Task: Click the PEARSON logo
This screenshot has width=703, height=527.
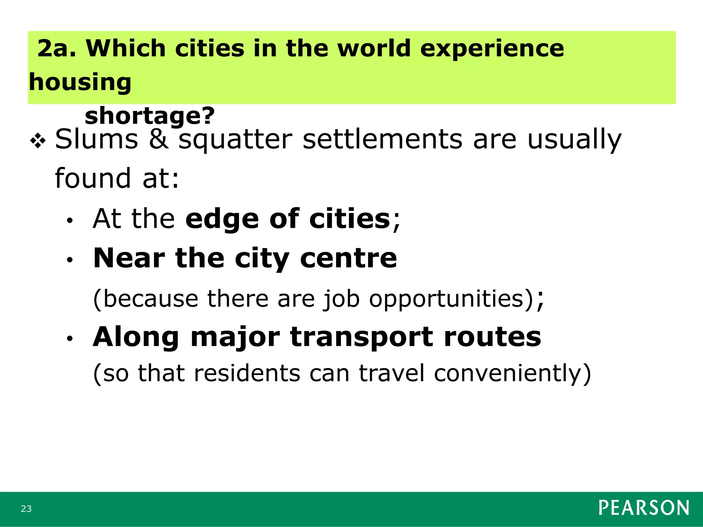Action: pos(644,508)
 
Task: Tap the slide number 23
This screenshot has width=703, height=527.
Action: pos(26,509)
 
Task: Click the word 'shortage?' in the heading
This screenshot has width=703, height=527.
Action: pos(150,116)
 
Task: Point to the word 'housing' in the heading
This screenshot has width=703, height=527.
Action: pos(80,82)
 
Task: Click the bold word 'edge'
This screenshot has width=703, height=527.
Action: pos(222,220)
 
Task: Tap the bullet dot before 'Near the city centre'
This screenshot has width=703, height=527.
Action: pos(70,260)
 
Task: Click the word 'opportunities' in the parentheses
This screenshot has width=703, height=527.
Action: pos(446,299)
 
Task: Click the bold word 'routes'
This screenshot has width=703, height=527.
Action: pos(492,337)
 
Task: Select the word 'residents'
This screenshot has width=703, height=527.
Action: pos(247,373)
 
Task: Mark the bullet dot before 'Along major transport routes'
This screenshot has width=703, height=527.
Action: pos(70,339)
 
